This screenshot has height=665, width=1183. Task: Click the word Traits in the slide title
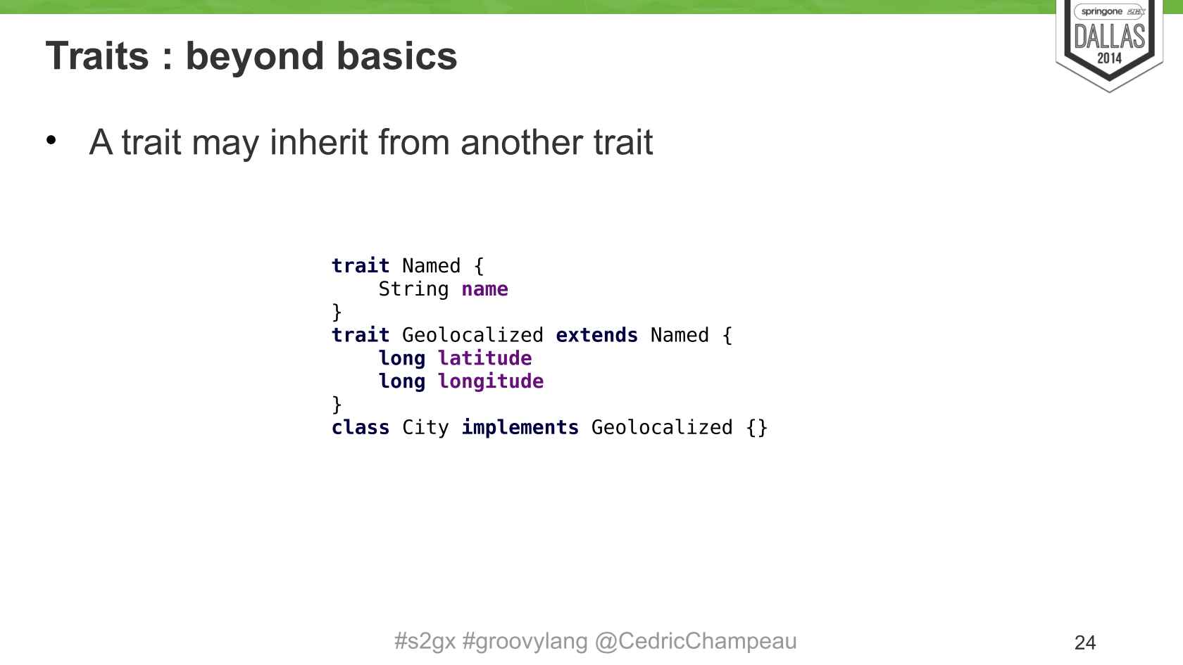[97, 56]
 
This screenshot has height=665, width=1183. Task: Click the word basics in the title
[396, 56]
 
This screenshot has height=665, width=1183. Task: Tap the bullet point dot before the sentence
[51, 141]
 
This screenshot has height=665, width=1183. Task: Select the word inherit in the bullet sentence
[318, 142]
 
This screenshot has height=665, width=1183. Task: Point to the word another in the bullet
[522, 142]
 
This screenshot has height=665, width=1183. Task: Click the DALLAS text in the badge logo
[1110, 37]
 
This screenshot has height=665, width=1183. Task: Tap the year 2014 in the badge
[1110, 58]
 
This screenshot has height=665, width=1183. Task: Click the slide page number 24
[1085, 643]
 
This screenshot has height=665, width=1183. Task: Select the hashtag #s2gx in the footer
[425, 641]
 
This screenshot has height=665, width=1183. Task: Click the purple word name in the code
[484, 289]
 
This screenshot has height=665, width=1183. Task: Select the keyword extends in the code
[597, 335]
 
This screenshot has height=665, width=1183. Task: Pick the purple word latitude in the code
[484, 358]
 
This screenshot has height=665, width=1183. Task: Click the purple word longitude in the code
[491, 381]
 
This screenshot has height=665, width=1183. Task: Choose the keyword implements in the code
[520, 428]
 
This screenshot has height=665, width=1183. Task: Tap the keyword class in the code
[361, 428]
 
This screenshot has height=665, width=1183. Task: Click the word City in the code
[425, 428]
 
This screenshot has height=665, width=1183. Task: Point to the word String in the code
[413, 289]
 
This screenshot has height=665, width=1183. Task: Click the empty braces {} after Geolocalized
[757, 428]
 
